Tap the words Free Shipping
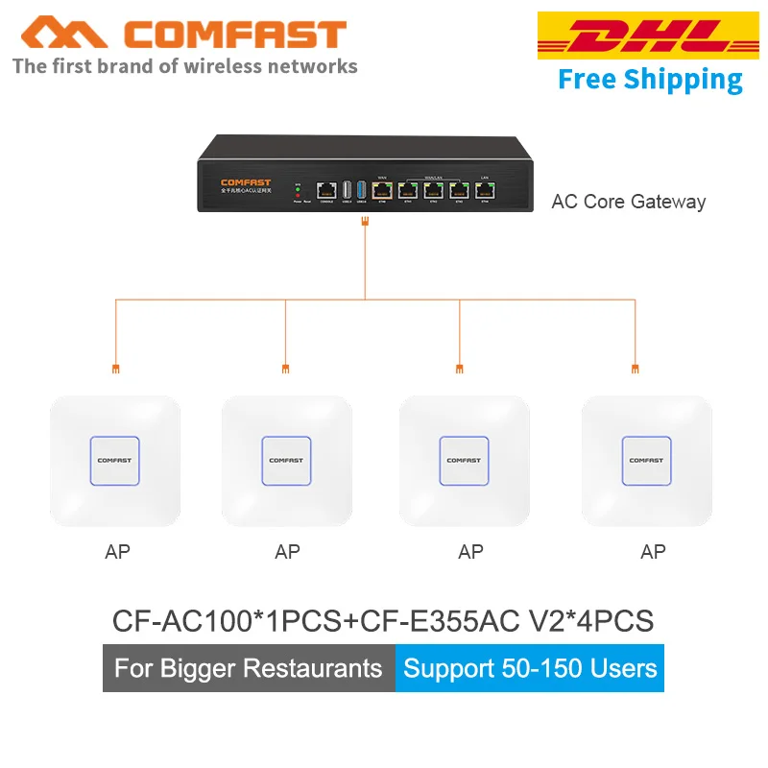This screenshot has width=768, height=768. point(650,80)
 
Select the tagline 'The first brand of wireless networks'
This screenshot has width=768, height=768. point(184,66)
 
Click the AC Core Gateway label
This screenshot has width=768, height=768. point(628,202)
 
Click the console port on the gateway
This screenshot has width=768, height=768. point(326,189)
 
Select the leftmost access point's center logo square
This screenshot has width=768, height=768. point(115,461)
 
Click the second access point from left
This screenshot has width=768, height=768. point(287,461)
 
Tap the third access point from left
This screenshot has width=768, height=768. point(464,461)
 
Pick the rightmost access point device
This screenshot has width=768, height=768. point(646,461)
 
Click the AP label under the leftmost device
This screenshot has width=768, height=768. point(117,552)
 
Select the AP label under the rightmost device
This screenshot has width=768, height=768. point(653,552)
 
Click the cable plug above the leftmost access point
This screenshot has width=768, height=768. point(115,368)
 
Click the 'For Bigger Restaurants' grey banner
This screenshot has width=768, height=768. point(249,668)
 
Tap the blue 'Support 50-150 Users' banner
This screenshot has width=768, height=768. point(530,668)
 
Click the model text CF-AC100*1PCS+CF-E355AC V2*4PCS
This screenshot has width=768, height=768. point(383,620)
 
